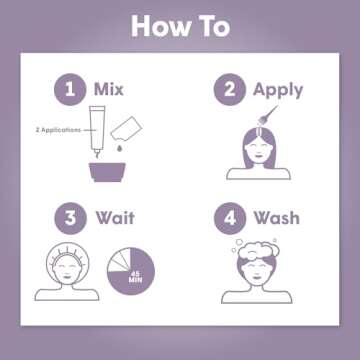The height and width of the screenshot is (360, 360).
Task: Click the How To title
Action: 180,26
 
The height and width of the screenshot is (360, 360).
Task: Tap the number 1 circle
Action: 70,90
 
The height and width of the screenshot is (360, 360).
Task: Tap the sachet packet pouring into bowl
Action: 133,125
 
